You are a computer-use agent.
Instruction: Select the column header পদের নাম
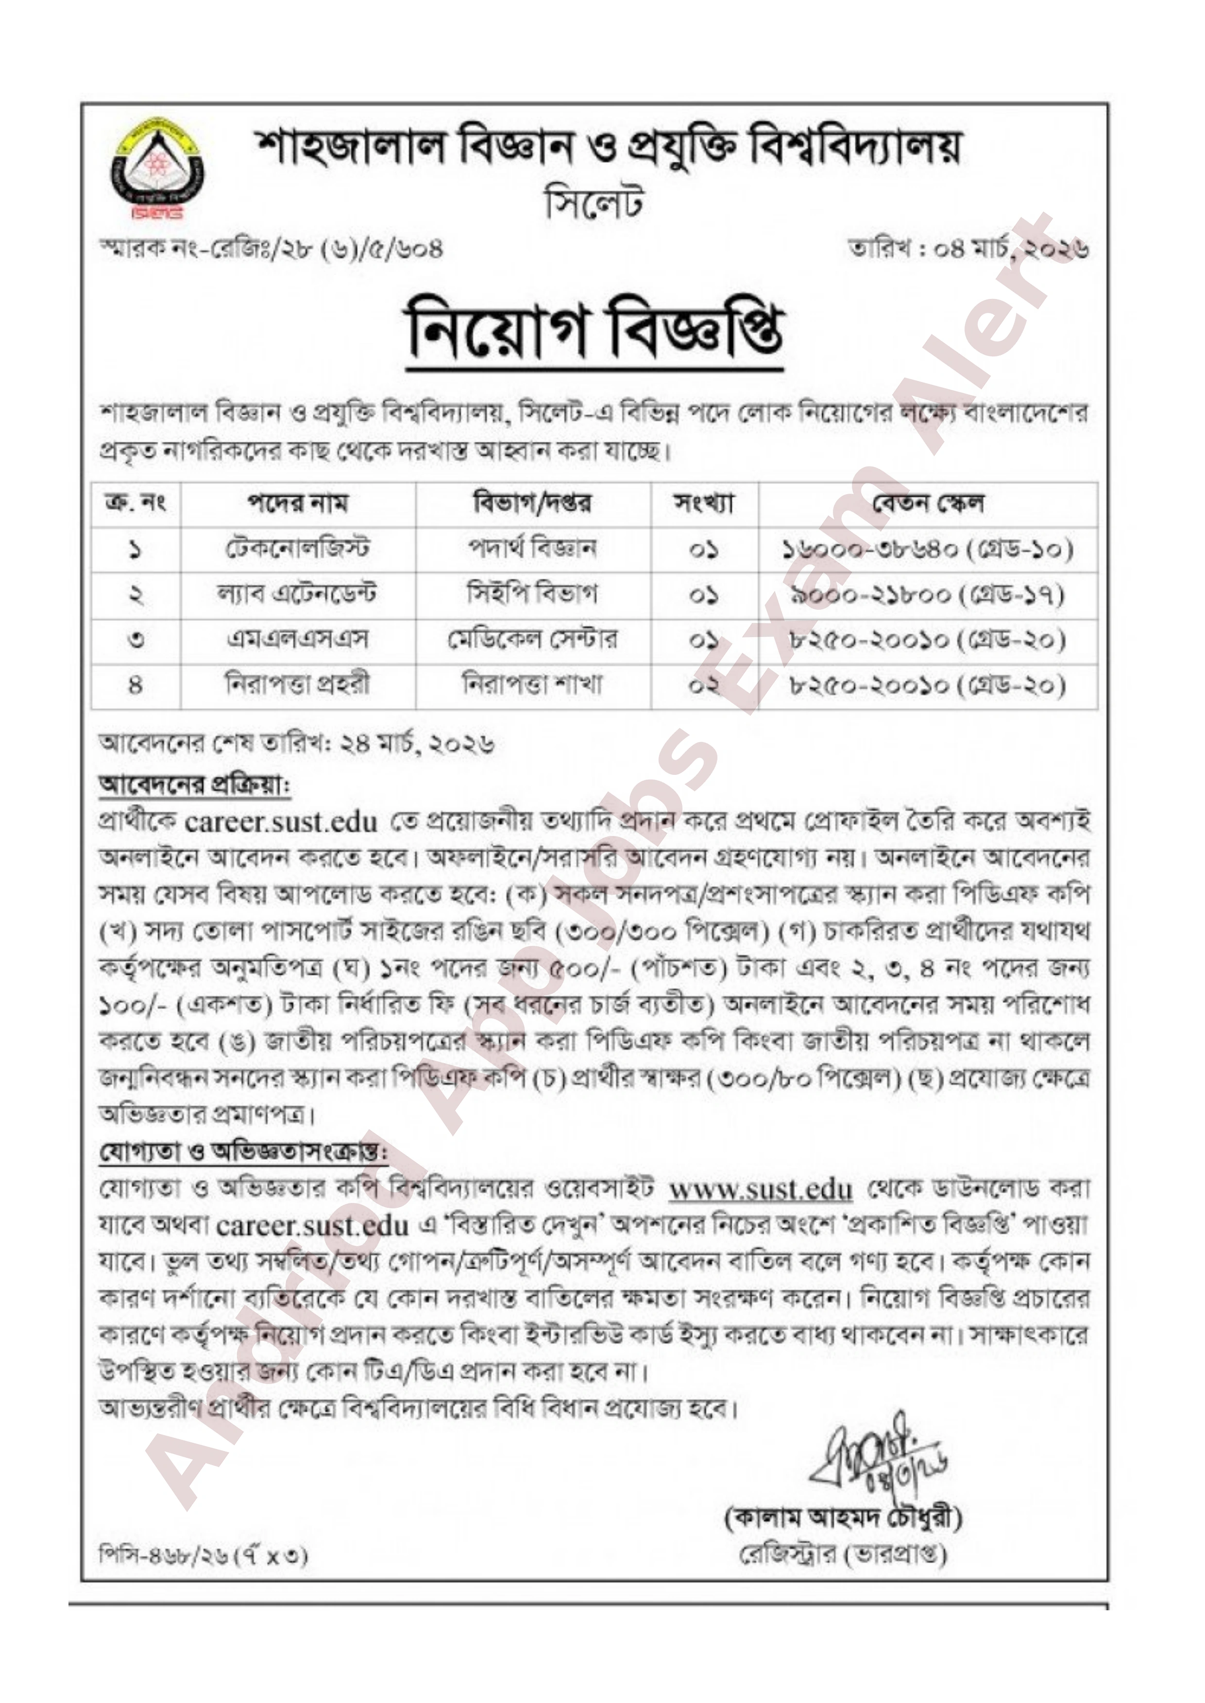tap(298, 503)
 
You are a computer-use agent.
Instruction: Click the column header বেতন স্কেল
tap(928, 503)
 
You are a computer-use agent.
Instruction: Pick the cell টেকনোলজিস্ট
tap(298, 549)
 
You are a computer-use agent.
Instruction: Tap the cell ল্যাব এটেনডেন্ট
tap(298, 595)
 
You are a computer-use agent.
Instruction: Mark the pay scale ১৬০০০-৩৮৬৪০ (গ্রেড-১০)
tap(928, 550)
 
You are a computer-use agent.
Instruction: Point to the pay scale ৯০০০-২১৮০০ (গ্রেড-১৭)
tap(928, 595)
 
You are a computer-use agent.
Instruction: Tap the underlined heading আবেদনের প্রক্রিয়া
tap(194, 785)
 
